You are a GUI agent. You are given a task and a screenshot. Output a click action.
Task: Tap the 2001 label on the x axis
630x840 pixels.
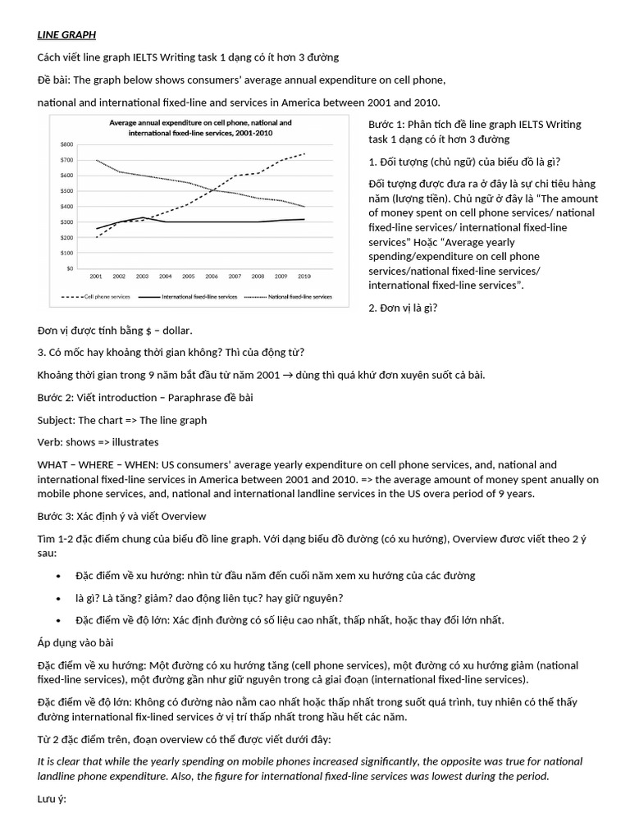[97, 277]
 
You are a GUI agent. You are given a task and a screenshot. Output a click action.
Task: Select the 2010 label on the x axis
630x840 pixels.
[304, 277]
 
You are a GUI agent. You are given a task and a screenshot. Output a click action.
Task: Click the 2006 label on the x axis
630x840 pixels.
[212, 277]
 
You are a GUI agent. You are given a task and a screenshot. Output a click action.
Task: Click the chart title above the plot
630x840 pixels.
[201, 127]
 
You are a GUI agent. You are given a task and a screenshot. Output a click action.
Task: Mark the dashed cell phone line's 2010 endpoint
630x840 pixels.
[305, 153]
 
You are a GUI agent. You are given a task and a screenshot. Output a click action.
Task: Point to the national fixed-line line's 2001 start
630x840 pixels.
[97, 160]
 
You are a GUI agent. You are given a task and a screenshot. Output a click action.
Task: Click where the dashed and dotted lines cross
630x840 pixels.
[212, 190]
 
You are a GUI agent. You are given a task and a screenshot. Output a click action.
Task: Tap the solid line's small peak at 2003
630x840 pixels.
[144, 217]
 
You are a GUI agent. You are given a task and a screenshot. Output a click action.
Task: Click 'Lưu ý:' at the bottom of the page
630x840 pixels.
[55, 797]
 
